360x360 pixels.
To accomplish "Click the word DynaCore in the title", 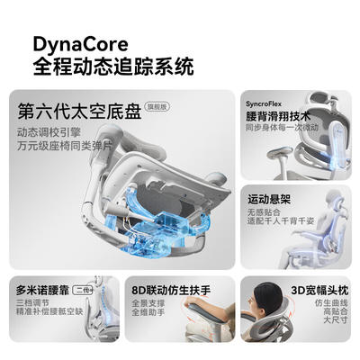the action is point(80,45).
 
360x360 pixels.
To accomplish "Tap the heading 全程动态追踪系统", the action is point(113,66).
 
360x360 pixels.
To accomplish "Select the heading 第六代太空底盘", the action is point(79,111).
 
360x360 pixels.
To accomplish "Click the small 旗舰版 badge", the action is point(157,107).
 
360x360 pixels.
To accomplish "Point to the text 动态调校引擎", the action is point(49,132).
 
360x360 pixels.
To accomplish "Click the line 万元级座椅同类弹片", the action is point(65,146).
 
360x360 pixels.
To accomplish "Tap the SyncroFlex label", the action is point(264,104).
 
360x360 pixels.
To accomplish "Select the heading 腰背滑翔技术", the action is point(278,116).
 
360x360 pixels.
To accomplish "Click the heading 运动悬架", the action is point(269,200).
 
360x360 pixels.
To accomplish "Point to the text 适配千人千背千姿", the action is point(281,221).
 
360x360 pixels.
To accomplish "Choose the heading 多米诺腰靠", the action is point(42,291).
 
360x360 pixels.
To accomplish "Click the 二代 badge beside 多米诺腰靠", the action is point(83,290).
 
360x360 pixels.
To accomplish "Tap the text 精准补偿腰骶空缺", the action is point(49,311).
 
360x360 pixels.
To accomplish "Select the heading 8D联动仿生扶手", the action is point(171,291).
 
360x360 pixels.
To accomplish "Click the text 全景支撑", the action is point(148,303).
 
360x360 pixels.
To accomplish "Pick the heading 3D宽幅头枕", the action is point(319,291).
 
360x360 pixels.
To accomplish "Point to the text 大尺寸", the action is point(336,319).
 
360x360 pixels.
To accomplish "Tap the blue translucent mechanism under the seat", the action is point(156,222).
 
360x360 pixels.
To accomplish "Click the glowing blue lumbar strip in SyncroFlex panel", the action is point(337,147).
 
